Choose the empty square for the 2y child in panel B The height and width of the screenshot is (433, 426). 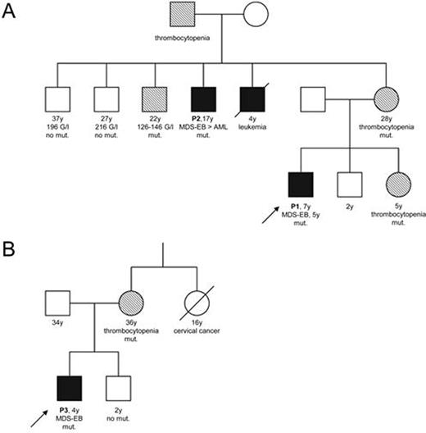[x=120, y=385]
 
